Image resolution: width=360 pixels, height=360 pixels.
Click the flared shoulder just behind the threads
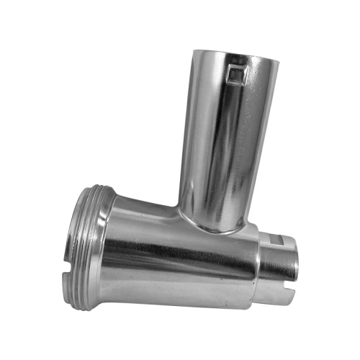[115, 238]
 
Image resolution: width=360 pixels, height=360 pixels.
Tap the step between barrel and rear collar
[259, 266]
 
